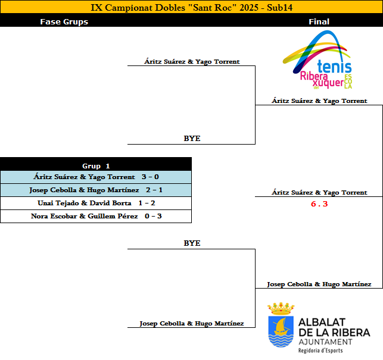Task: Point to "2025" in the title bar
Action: pyautogui.click(x=251, y=8)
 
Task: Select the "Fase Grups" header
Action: pyautogui.click(x=64, y=22)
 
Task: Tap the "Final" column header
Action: pyautogui.click(x=319, y=22)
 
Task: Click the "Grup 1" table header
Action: pyautogui.click(x=96, y=166)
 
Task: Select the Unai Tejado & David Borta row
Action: pyautogui.click(x=96, y=203)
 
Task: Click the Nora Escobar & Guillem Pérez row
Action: pyautogui.click(x=96, y=216)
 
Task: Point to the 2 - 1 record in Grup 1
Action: pyautogui.click(x=154, y=190)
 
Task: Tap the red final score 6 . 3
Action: pyautogui.click(x=319, y=204)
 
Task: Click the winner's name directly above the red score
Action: pyautogui.click(x=319, y=193)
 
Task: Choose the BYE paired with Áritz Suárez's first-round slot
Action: pyautogui.click(x=192, y=139)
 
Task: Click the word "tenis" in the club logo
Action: pyautogui.click(x=335, y=67)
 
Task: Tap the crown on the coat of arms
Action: pyautogui.click(x=281, y=308)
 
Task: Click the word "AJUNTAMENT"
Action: pyautogui.click(x=325, y=342)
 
